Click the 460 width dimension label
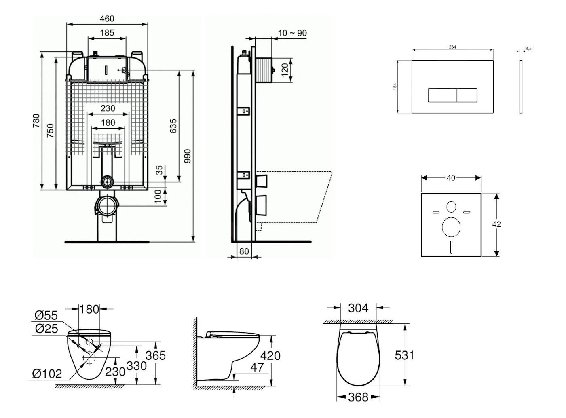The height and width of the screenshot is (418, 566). [107, 18]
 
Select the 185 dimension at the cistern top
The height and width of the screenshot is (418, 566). [107, 33]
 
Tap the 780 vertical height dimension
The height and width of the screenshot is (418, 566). [36, 121]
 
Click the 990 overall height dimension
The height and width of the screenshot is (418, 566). [187, 156]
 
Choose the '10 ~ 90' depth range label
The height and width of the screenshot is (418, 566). [292, 33]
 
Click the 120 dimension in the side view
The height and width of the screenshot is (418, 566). [285, 70]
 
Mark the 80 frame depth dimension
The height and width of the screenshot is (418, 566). [244, 251]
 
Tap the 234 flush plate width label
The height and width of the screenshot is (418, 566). [452, 47]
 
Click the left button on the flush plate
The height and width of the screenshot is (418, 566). [442, 95]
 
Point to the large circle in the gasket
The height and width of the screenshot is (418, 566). [451, 227]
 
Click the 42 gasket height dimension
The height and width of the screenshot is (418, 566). [496, 224]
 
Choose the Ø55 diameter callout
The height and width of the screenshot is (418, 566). [46, 315]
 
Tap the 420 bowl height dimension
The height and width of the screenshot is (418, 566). [270, 355]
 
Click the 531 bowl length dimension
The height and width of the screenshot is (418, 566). [404, 355]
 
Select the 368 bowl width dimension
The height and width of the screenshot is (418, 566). [358, 397]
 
